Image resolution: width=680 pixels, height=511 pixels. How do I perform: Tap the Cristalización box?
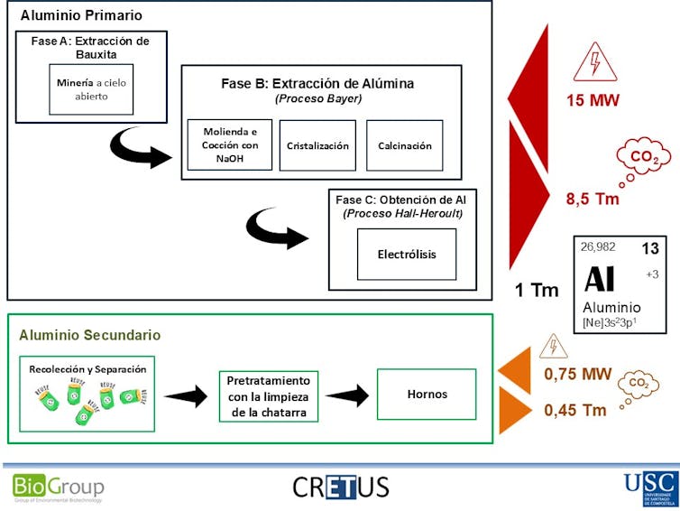click(317, 145)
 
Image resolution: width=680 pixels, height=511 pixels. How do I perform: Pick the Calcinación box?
click(405, 145)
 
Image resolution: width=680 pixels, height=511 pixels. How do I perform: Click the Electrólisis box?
click(406, 254)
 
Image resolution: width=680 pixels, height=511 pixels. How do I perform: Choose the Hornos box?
click(427, 395)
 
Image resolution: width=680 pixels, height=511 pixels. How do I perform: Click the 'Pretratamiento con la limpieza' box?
click(268, 395)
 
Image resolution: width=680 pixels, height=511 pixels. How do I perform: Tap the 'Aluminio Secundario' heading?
click(90, 335)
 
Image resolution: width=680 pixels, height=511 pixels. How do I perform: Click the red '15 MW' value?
click(593, 100)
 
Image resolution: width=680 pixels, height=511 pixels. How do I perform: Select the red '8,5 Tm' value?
click(593, 199)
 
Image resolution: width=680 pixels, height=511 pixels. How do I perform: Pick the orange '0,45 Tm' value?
click(575, 410)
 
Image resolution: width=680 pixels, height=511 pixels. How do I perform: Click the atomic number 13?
click(650, 247)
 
